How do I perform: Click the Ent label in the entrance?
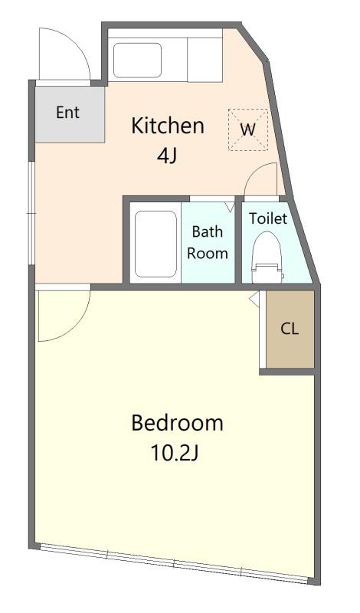[67, 113]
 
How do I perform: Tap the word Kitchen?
[168, 126]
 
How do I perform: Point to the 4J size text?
[167, 156]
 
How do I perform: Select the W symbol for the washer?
[248, 129]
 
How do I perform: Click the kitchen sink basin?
[137, 61]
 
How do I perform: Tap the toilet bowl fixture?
[267, 257]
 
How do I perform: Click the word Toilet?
[268, 218]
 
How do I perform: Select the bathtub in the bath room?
[155, 244]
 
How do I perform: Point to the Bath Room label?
[208, 242]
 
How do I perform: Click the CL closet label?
[290, 329]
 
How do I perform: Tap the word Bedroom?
[177, 423]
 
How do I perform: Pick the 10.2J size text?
[175, 454]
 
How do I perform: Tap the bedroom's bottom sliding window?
[175, 563]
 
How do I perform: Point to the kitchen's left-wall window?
[31, 214]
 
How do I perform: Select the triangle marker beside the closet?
[254, 300]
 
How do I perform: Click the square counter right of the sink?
[205, 60]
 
